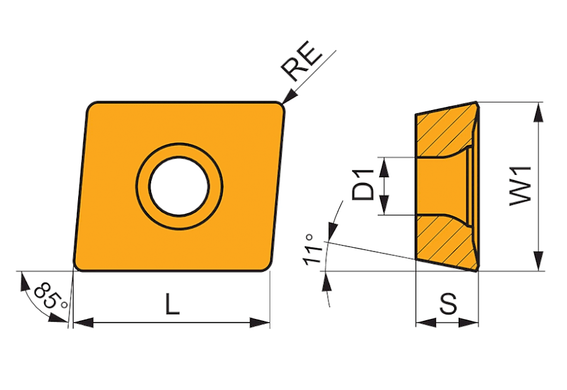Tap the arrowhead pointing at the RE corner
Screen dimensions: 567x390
click(289, 97)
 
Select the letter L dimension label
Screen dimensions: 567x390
click(173, 303)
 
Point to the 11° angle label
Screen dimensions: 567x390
click(312, 250)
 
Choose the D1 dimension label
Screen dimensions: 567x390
click(363, 184)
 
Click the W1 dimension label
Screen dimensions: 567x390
click(521, 186)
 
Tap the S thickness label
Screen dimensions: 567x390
click(448, 303)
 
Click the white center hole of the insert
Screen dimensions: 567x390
click(180, 186)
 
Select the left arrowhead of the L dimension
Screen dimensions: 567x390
click(83, 323)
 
